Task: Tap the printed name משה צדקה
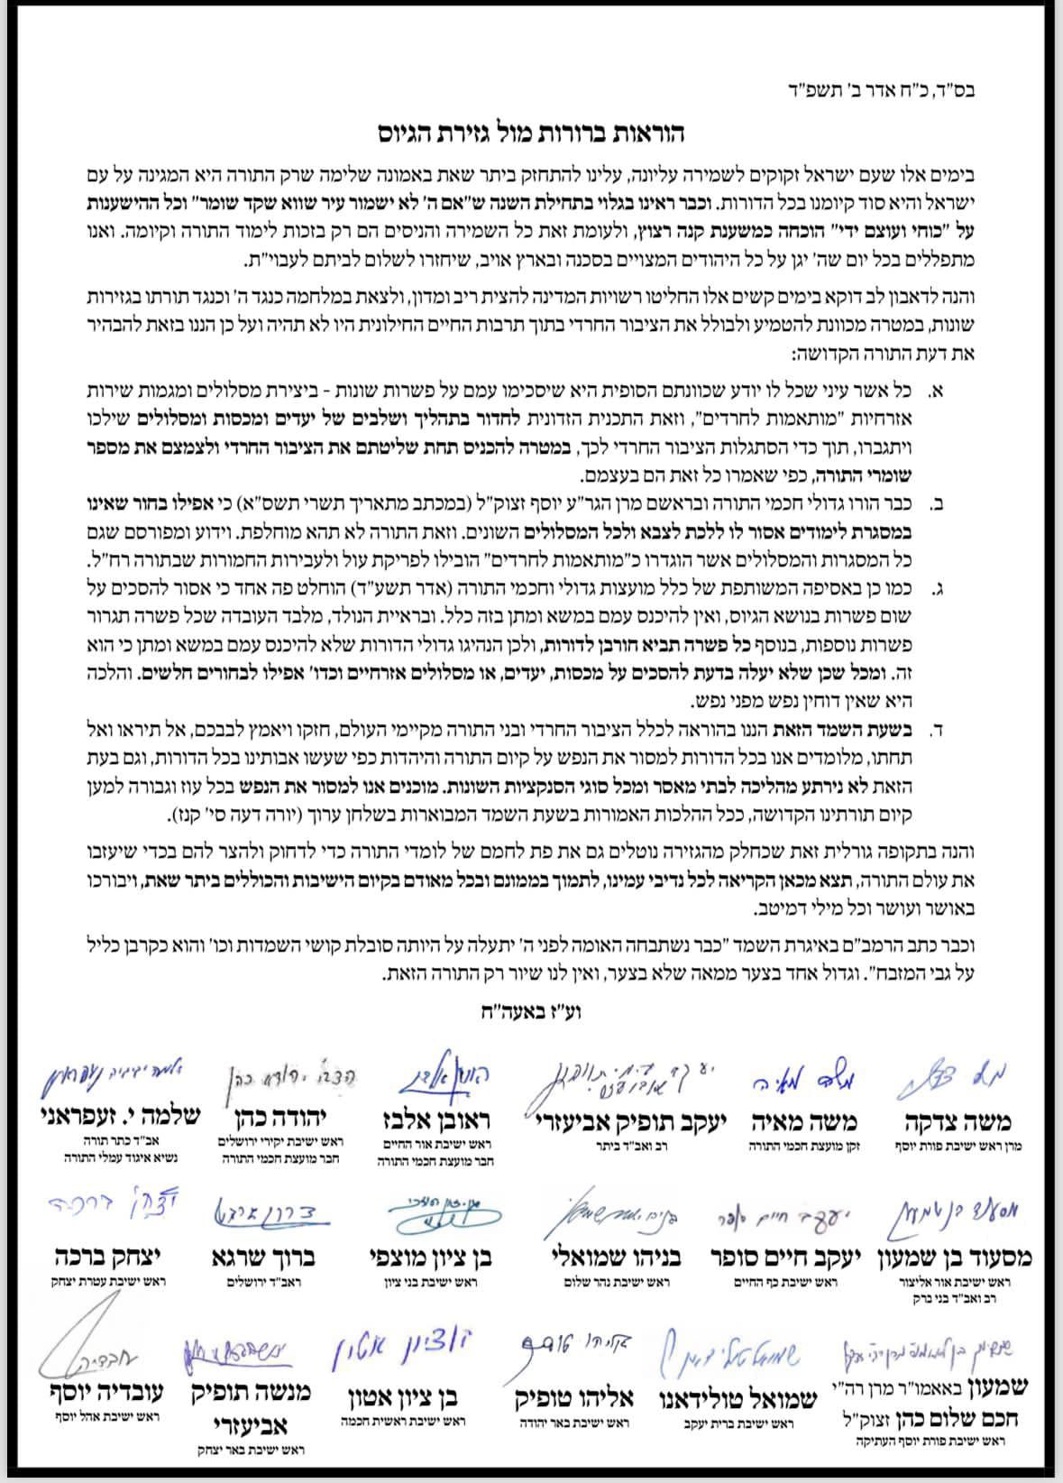click(958, 1121)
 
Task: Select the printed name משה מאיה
click(804, 1121)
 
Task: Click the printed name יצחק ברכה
click(99, 1257)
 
